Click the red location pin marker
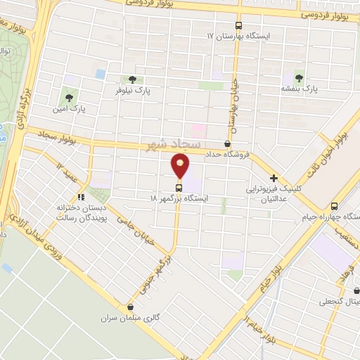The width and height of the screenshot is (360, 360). pos(181,166)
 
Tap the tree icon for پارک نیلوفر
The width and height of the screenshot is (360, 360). pos(131,79)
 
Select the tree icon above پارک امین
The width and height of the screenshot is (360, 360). pos(69,98)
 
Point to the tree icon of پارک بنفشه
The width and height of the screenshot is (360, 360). pos(300,78)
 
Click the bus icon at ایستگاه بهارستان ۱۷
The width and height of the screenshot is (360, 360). pos(238,25)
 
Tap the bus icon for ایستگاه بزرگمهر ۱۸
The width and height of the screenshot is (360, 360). pos(179,188)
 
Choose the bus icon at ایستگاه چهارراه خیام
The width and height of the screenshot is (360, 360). pos(334,207)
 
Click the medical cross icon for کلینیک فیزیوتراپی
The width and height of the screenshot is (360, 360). pos(274,179)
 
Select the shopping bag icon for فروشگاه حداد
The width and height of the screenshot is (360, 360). pos(226,143)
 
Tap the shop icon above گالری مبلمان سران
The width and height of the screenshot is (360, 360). pos(130,307)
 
